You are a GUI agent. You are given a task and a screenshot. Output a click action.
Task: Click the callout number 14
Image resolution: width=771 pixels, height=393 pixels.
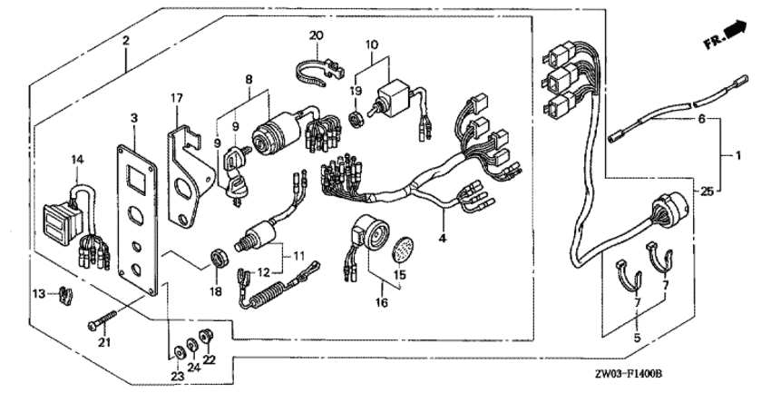point(78,160)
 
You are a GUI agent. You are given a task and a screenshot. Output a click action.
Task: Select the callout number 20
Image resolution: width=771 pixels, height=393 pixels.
point(316,34)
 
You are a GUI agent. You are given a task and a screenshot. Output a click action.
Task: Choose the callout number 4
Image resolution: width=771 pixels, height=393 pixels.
point(444,241)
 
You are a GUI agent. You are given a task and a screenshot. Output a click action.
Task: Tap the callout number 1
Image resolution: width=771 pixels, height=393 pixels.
point(737,156)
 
